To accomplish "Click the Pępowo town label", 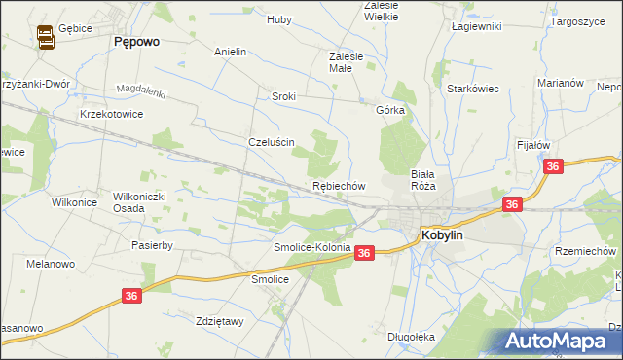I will pos(136,42).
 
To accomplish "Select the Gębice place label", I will pos(75,29).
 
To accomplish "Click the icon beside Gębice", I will pos(45,37).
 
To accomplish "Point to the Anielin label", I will pos(230,51).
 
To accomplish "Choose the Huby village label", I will pos(279,18).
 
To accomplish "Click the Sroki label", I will pos(283,96).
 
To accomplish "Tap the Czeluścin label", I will pos(272,141).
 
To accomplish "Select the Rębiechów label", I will pos(338,185).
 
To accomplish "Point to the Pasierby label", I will pos(152,245).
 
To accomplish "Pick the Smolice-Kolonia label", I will pos(311,247).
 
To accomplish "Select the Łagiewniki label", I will pos(476,26).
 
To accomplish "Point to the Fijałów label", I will pos(533,144).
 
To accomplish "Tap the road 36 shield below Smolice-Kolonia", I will pos(364,253).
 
